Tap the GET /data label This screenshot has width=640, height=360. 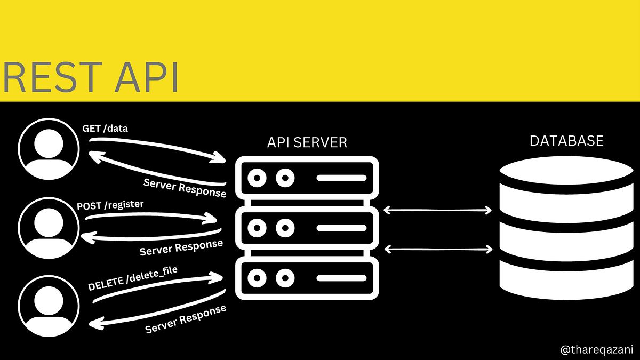click(105, 129)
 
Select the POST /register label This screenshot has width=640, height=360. click(110, 205)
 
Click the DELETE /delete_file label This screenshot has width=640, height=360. click(133, 279)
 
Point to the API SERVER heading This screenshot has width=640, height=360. click(307, 143)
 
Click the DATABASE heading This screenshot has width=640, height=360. click(566, 141)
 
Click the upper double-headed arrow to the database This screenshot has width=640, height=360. click(437, 210)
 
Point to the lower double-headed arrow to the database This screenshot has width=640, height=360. click(437, 249)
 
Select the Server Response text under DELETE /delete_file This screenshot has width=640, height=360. click(186, 319)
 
